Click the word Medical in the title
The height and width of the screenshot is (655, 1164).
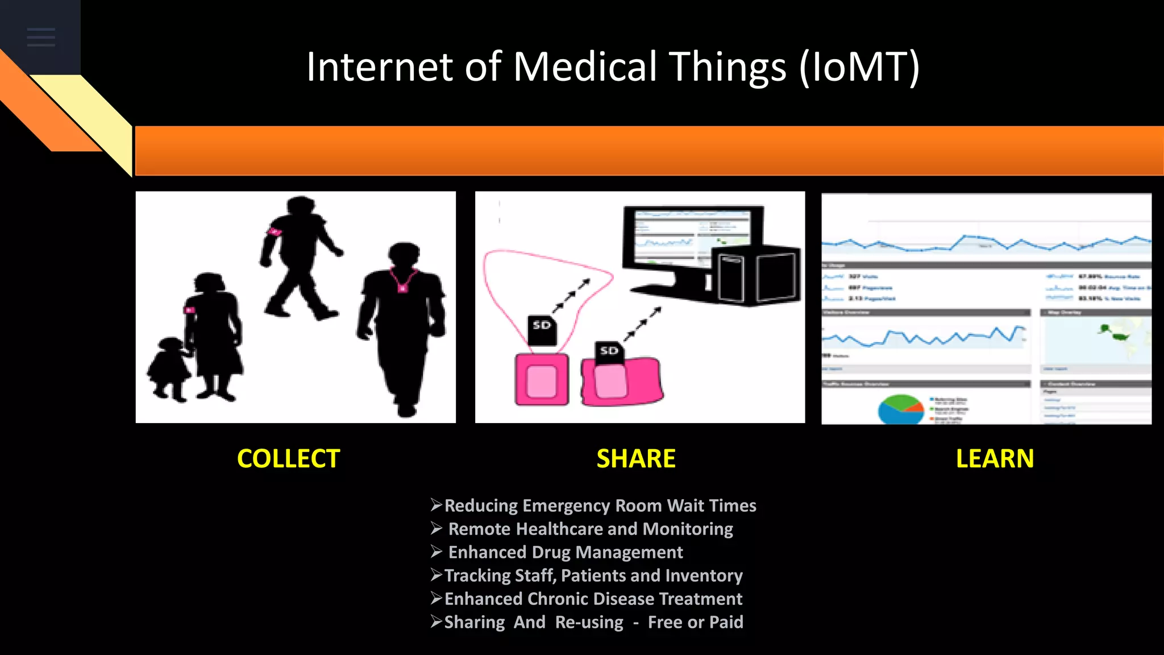click(x=585, y=67)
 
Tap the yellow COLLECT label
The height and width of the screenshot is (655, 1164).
click(x=288, y=459)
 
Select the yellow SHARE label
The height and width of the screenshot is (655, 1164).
click(x=636, y=459)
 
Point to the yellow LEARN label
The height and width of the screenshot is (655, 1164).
click(x=995, y=459)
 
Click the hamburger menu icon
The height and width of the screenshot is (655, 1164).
click(x=41, y=37)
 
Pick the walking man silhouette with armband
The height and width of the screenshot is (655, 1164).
click(x=298, y=256)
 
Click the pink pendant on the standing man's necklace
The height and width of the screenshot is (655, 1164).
click(x=402, y=288)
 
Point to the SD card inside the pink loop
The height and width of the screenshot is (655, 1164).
click(x=542, y=329)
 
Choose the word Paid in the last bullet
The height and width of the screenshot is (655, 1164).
click(x=726, y=622)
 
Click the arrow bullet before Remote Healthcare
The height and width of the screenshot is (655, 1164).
click(x=436, y=529)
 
